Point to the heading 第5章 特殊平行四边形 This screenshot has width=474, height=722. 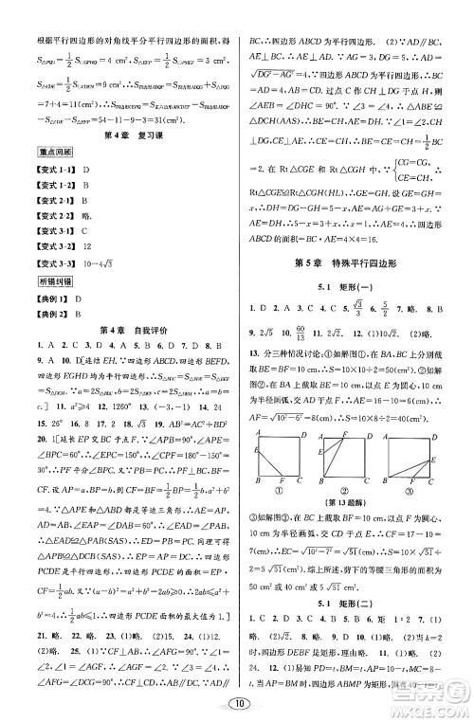point(355,262)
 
